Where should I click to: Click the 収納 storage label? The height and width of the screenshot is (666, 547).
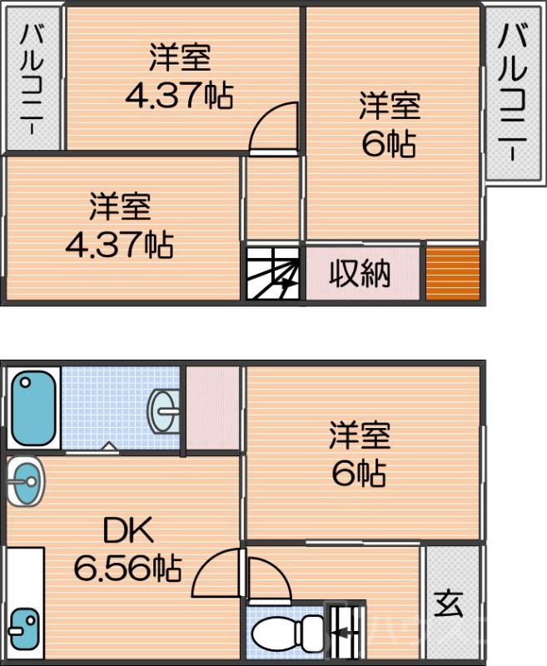(x=360, y=273)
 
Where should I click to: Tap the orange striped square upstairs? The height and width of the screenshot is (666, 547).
(x=453, y=272)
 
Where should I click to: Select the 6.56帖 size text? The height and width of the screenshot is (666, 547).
(x=127, y=569)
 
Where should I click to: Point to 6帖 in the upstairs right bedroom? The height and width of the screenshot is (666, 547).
(x=388, y=146)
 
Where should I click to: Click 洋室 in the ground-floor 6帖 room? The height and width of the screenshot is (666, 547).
(x=360, y=435)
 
